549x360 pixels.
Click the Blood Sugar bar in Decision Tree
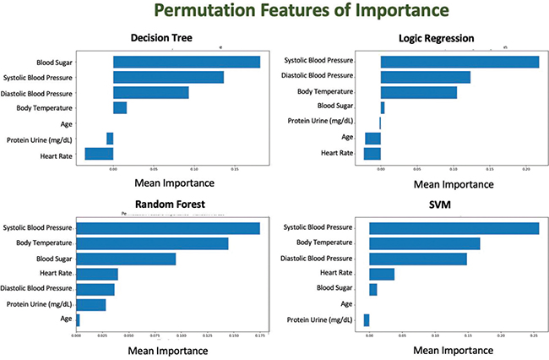(x=187, y=62)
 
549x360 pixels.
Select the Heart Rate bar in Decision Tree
(x=99, y=154)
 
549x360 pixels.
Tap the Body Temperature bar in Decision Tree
(x=120, y=108)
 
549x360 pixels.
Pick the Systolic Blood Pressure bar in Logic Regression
(x=459, y=62)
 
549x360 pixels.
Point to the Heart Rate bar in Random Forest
(x=97, y=274)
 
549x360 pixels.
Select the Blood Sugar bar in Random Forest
(x=126, y=259)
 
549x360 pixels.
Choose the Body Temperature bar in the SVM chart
(x=424, y=243)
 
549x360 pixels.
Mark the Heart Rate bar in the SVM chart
(x=382, y=274)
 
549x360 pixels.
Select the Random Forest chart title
(x=170, y=204)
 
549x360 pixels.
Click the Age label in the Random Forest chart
(x=65, y=319)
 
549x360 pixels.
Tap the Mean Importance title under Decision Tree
(x=174, y=183)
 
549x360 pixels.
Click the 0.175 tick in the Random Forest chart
(x=259, y=335)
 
